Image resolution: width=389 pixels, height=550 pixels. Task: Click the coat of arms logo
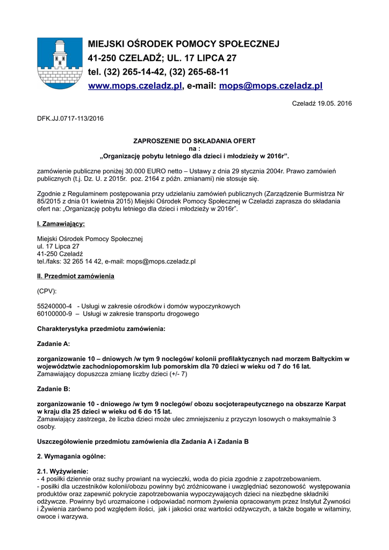(x=60, y=63)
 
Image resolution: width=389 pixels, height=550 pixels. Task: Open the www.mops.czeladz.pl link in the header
(x=135, y=85)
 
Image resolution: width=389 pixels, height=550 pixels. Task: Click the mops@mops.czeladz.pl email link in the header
(x=271, y=85)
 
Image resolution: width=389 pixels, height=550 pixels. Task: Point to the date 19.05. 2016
(x=334, y=103)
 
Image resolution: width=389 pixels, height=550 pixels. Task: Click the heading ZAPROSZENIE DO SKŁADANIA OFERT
(x=194, y=141)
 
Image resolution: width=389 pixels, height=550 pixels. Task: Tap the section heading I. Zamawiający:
(x=61, y=223)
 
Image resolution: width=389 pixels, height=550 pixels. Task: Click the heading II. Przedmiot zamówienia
(x=75, y=276)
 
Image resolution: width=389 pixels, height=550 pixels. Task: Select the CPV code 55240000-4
(x=54, y=306)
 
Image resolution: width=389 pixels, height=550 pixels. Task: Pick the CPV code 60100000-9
(x=54, y=314)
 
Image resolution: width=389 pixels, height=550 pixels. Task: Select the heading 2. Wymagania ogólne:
(x=71, y=456)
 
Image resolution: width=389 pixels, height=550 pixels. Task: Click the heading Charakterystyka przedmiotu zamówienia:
(x=101, y=329)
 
